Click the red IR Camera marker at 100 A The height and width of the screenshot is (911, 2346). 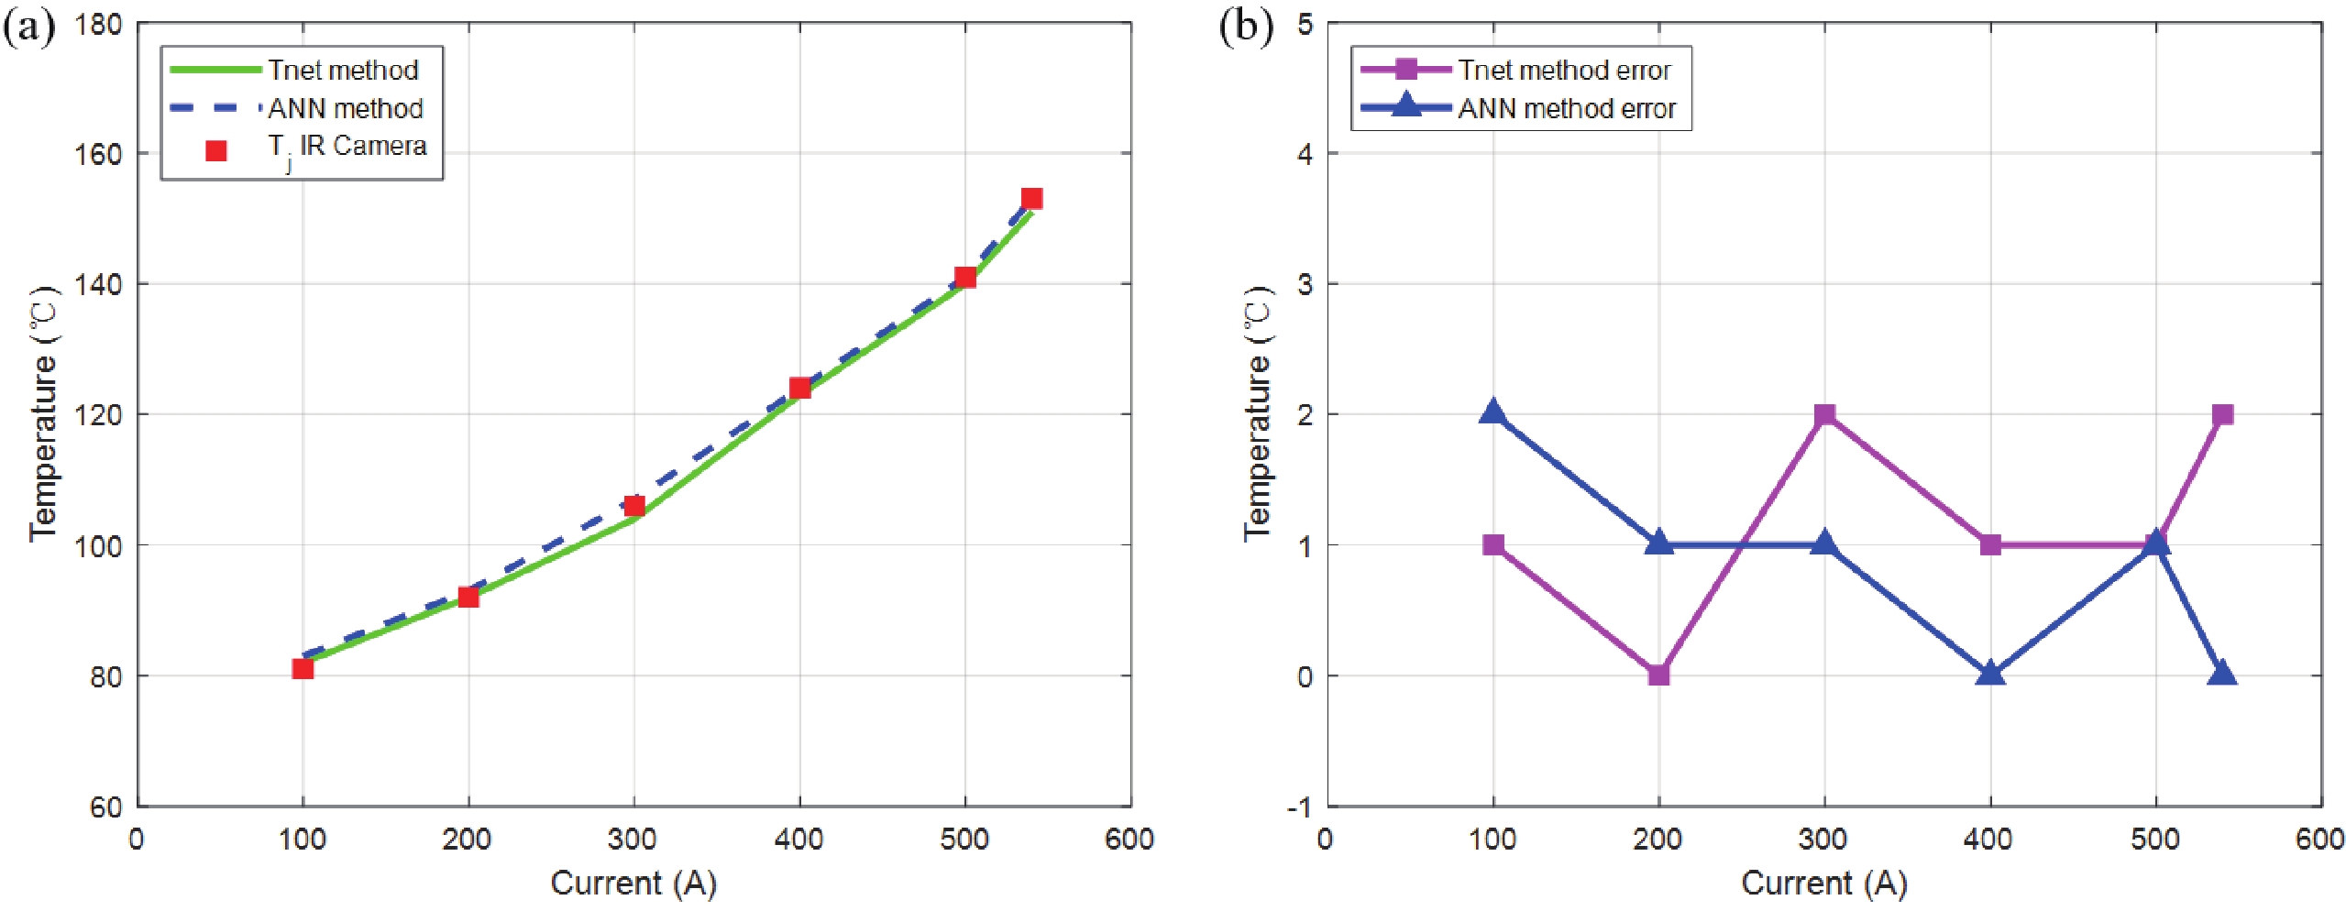click(x=303, y=668)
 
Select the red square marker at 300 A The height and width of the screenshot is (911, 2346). click(x=633, y=506)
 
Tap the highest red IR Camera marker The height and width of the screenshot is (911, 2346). click(x=1031, y=199)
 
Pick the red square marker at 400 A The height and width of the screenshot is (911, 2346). click(x=799, y=388)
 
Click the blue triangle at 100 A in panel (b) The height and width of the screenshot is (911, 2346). click(x=1492, y=412)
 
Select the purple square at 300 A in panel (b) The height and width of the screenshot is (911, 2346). click(x=1824, y=414)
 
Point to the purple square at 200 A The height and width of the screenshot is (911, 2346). click(x=1658, y=675)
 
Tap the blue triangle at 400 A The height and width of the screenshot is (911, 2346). click(x=1989, y=674)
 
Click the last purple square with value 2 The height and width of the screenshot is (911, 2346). click(x=2222, y=414)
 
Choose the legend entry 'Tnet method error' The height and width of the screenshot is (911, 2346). click(x=1564, y=70)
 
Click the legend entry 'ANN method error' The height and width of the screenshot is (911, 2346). click(x=1566, y=108)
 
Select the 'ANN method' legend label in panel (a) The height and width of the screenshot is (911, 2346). click(x=345, y=108)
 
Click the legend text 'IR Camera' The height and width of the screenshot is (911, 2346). click(x=362, y=146)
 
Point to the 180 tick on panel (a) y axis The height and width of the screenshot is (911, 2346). click(x=99, y=25)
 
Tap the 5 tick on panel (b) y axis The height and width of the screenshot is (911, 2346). click(x=1305, y=25)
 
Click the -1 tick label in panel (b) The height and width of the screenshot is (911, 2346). click(x=1299, y=807)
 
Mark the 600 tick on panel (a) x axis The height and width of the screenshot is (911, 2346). click(x=1129, y=839)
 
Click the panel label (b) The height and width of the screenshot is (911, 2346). click(x=1245, y=27)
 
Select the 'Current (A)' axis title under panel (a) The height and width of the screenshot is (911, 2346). click(x=633, y=883)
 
